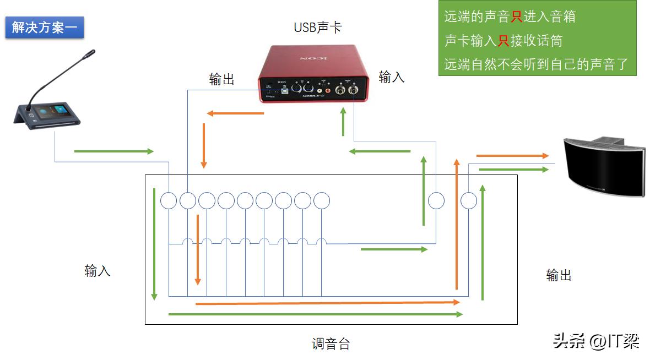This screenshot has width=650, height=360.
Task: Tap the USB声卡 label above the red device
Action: pos(318,27)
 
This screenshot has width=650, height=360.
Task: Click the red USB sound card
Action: pos(313,74)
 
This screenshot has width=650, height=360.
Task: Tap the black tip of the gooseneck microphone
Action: pos(89,54)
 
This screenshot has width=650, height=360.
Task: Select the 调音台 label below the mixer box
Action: pos(331,344)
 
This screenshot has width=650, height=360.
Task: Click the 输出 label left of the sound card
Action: pos(222,79)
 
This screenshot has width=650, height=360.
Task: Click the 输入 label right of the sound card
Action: pos(392,77)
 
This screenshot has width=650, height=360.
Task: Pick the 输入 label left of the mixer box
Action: pos(97,270)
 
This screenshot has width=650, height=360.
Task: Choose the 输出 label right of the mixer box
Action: pos(559,275)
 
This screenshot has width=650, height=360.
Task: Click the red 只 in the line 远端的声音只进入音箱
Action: pos(516,17)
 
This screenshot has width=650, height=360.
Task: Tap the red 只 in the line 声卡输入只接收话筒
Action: pos(503,41)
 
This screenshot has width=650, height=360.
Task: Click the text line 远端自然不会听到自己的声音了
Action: pos(536,64)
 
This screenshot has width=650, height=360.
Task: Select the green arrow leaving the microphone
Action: pos(113,151)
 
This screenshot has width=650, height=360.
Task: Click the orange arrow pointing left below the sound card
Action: pos(235,114)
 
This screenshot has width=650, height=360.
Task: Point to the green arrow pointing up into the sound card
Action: pos(343,122)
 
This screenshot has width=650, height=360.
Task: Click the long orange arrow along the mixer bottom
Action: pos(327,302)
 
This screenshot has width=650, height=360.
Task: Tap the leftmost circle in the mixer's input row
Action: pos(169,201)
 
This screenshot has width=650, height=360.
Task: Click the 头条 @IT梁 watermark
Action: pos(596,341)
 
